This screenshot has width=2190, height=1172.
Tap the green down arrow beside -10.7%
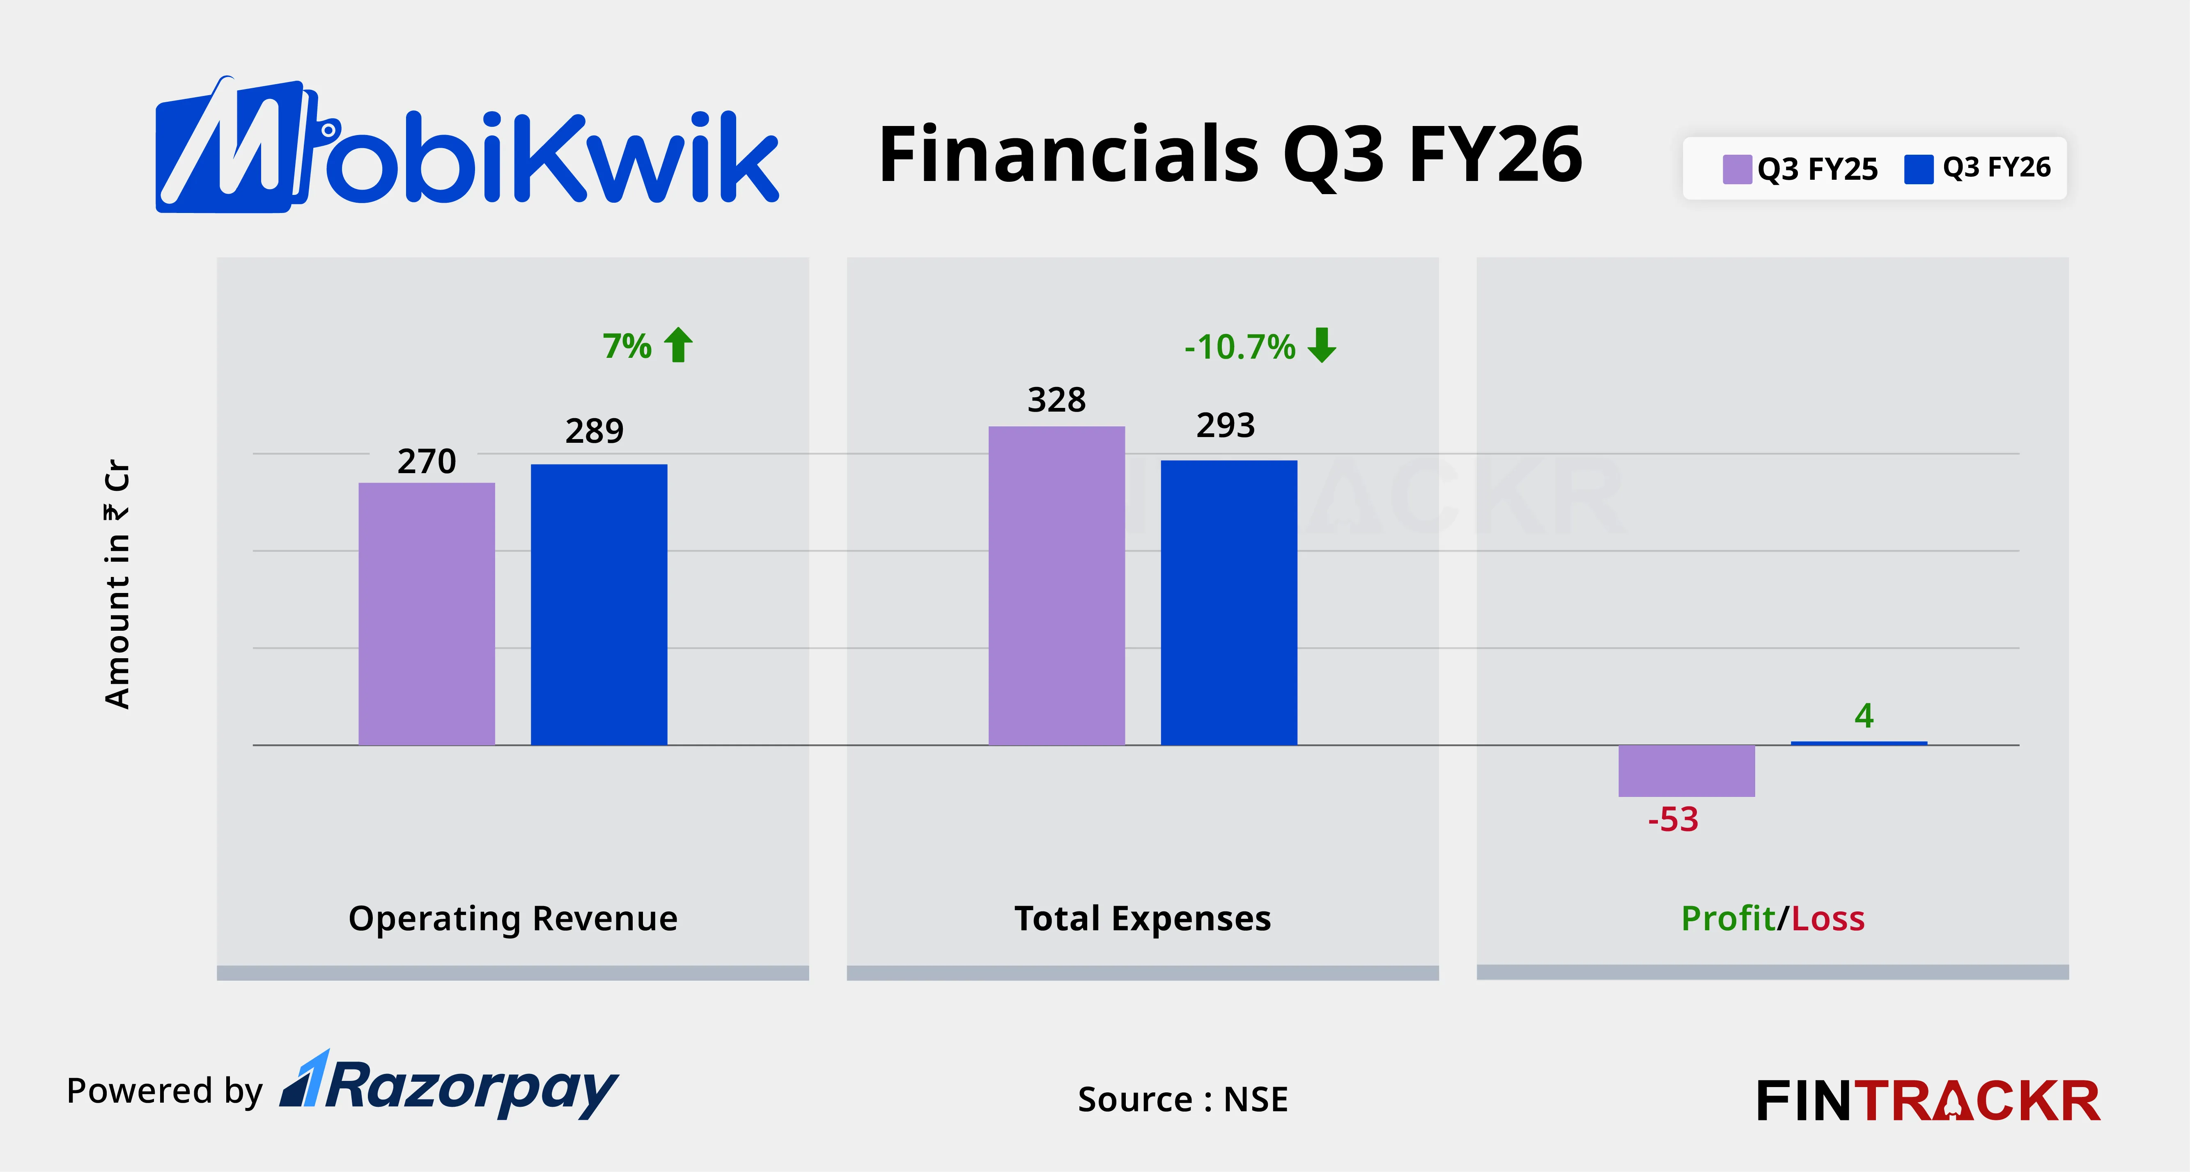coord(1322,345)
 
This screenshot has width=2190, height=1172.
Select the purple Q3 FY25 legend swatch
coord(1737,169)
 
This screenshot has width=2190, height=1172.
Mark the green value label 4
coord(1864,716)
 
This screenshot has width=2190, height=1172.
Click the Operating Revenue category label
coord(513,919)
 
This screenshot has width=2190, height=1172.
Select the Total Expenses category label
coord(1143,919)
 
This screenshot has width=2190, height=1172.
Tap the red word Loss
coord(1828,919)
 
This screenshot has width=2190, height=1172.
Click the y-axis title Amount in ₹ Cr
coord(117,585)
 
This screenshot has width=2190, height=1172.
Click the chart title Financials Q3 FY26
coord(1230,155)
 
